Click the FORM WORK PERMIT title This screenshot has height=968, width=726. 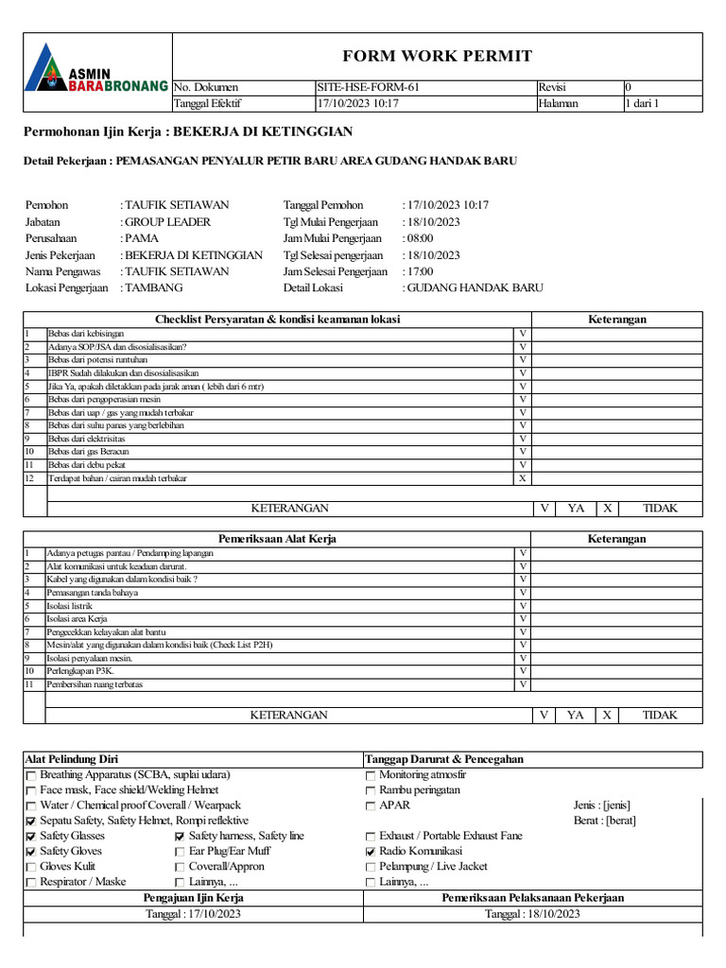point(437,56)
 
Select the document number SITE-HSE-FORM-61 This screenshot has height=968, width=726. point(369,87)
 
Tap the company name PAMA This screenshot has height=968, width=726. point(143,238)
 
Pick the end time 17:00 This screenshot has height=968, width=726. point(423,271)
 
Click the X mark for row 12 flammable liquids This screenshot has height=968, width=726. point(522,478)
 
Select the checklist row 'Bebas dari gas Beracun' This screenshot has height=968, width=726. point(90,452)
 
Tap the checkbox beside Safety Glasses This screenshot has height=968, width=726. point(31,837)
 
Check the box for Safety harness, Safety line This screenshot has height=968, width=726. point(180,837)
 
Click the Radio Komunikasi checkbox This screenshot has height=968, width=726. point(370,852)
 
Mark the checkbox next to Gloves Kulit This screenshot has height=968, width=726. point(31,867)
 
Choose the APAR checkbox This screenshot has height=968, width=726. point(370,806)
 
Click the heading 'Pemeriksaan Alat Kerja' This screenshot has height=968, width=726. point(277,539)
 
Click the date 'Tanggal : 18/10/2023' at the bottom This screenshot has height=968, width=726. point(532,914)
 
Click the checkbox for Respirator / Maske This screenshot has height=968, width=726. point(31,882)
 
